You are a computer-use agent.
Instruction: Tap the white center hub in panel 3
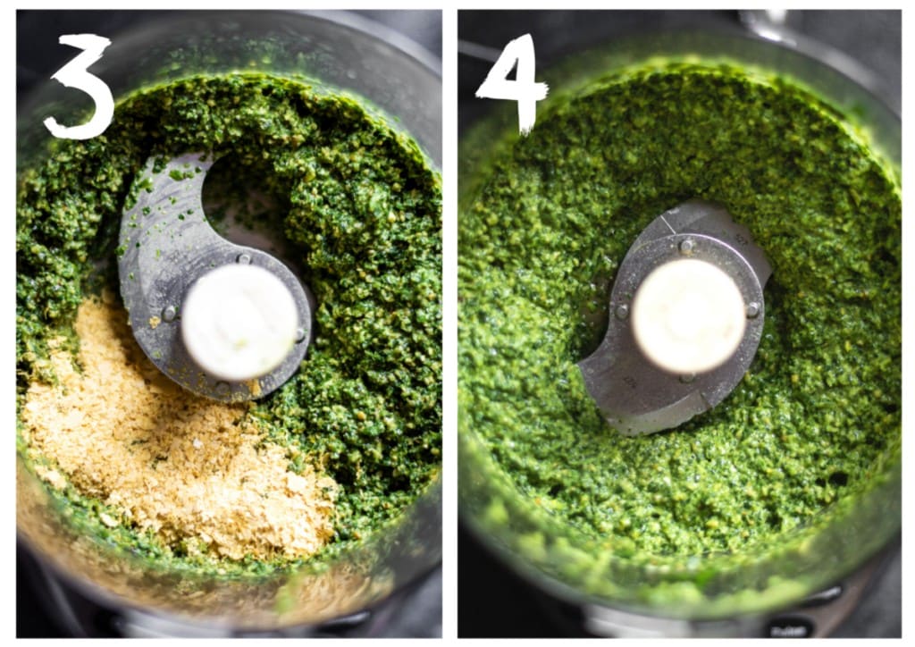[x=239, y=322]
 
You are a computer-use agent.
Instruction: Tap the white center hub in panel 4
[x=689, y=315]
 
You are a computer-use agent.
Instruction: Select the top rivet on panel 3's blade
[x=244, y=258]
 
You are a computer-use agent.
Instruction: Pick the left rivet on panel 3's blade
[x=169, y=314]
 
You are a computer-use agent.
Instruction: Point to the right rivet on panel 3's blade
[x=300, y=335]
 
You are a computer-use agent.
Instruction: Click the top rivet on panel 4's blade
[x=687, y=247]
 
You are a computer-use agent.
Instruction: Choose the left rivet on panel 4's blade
[x=622, y=312]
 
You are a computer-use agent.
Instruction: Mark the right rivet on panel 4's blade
[x=753, y=309]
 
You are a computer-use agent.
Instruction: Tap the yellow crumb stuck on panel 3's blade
[x=155, y=321]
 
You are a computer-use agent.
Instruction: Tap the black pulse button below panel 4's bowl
[x=790, y=629]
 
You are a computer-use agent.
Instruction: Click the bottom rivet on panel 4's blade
[x=687, y=379]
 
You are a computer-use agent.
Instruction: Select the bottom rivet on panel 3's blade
[x=222, y=386]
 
